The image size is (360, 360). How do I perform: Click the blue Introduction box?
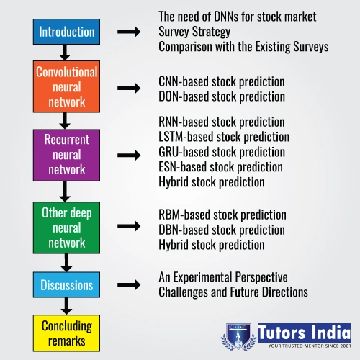pos(66,32)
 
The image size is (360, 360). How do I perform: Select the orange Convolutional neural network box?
pos(66,86)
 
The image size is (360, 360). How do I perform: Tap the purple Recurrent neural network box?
pos(66,155)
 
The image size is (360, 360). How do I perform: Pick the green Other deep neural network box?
pos(66,228)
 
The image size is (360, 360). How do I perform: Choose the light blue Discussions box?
pos(66,285)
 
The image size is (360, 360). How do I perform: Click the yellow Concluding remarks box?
pos(66,333)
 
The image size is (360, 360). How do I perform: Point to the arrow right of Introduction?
pos(129,32)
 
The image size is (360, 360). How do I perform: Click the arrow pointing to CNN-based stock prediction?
pos(129,88)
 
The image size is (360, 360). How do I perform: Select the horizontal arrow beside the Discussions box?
pos(129,285)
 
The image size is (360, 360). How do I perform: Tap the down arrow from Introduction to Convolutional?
pos(65,53)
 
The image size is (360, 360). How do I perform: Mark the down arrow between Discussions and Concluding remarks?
pos(66,306)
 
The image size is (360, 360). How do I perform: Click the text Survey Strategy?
pos(194,32)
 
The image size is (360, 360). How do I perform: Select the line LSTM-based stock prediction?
pos(224,137)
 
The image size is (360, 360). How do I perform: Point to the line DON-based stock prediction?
pos(222,96)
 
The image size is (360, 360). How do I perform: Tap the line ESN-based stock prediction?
pos(220,167)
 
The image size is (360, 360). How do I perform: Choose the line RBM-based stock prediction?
pos(222,215)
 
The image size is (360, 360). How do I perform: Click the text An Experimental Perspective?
pos(223,278)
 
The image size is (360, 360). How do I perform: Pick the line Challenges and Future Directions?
pos(233,292)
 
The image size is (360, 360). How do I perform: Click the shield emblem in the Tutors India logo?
pos(238,337)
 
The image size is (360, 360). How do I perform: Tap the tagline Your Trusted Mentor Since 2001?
pos(310,346)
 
